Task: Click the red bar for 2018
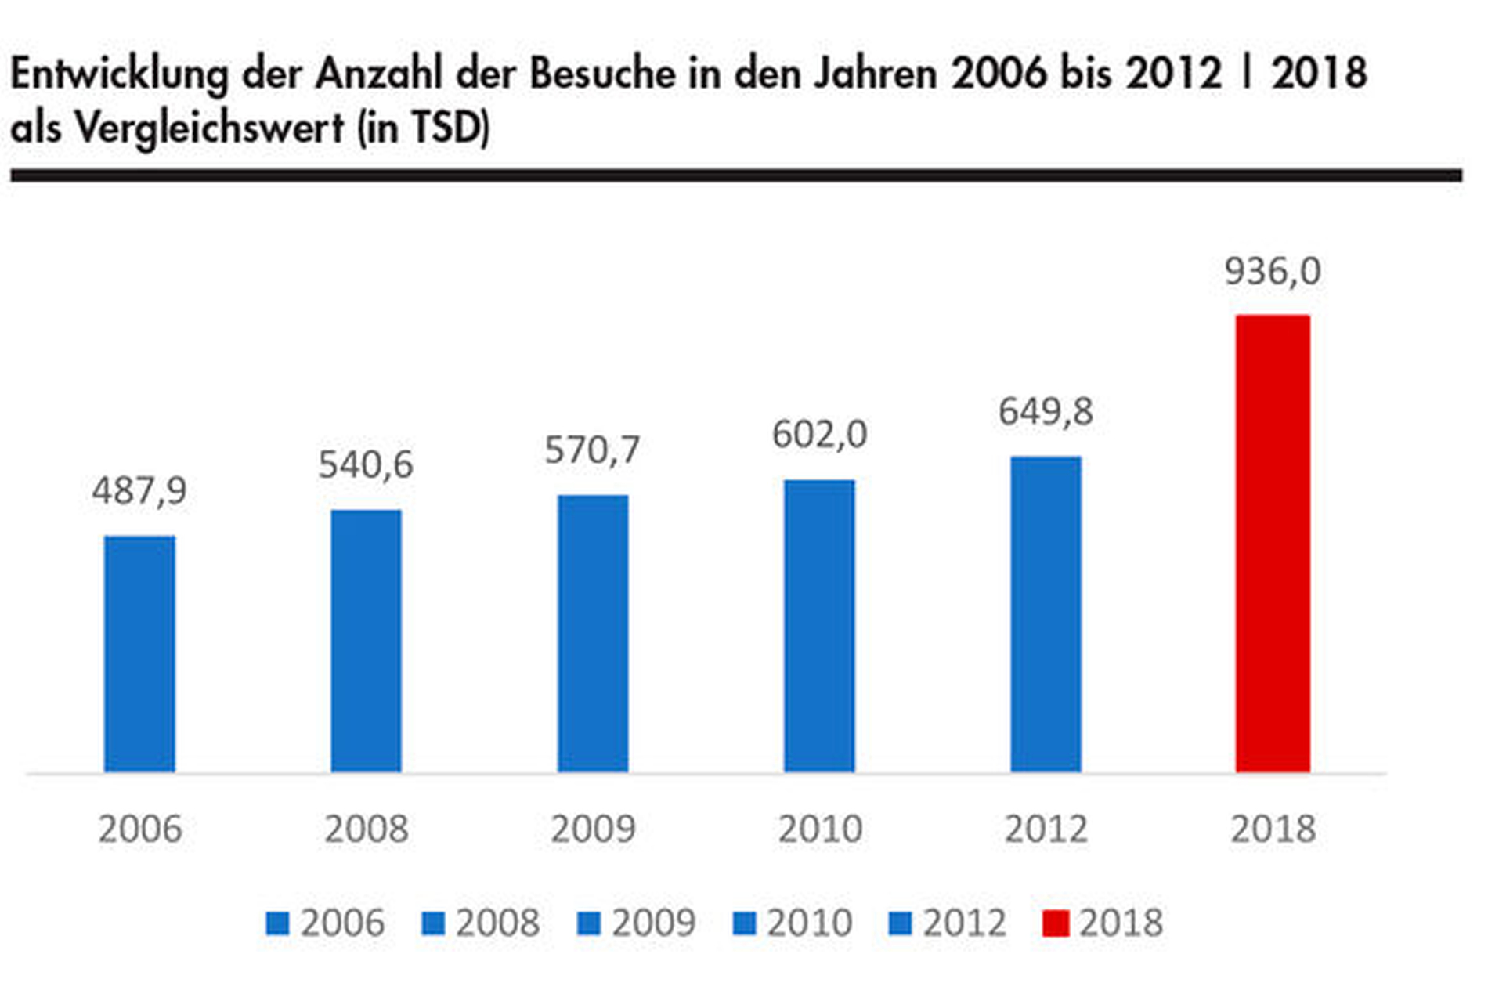point(1273,544)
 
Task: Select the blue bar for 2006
point(139,654)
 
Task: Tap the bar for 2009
point(593,634)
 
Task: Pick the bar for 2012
point(1046,614)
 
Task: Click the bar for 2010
point(819,626)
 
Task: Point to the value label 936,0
point(1273,272)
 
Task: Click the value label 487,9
point(139,492)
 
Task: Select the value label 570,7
point(593,450)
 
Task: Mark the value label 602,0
point(819,435)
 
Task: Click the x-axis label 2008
point(366,829)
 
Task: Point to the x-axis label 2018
point(1273,829)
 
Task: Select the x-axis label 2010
point(819,829)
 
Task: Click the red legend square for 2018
point(1055,923)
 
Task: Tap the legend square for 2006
point(277,923)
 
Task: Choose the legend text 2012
point(964,923)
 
